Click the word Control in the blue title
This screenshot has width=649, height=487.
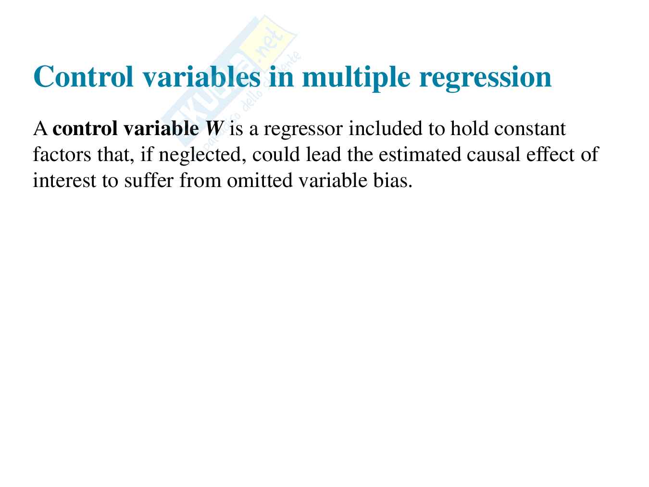tap(84, 76)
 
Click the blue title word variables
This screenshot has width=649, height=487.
tap(201, 76)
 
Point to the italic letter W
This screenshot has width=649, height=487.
tap(213, 128)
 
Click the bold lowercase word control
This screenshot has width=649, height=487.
tap(85, 129)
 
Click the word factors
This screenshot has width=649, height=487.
tap(62, 154)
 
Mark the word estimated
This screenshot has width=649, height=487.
tap(420, 154)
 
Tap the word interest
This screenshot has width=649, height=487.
tap(64, 180)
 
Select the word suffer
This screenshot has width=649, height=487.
tap(149, 180)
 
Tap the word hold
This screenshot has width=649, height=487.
tap(469, 128)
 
